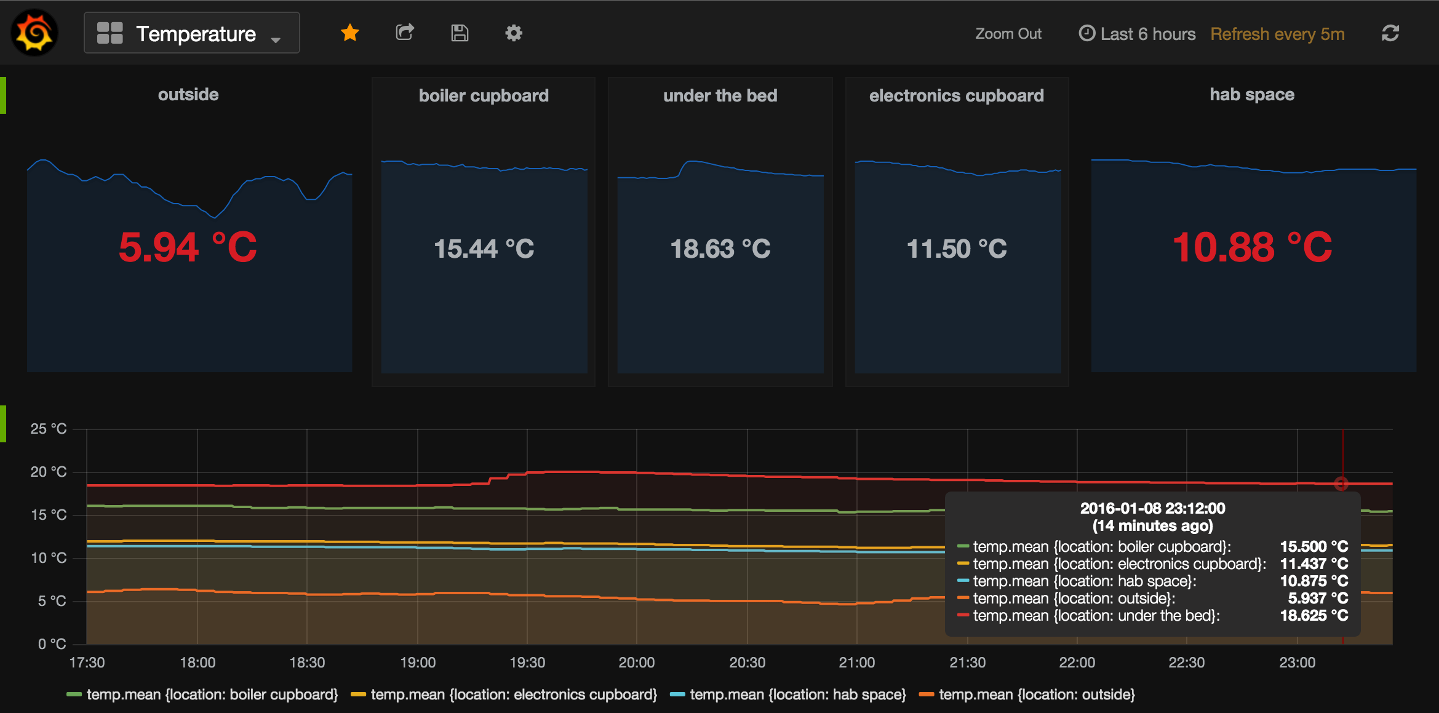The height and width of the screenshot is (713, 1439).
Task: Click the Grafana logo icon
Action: pos(34,33)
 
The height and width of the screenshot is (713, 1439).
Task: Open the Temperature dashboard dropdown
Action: pos(191,33)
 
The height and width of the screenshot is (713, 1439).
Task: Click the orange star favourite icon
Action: pos(350,33)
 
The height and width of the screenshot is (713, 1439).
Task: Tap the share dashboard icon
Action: pos(405,33)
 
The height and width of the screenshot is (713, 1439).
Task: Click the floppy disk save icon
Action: pos(460,33)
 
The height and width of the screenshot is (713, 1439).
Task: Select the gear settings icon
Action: pos(514,33)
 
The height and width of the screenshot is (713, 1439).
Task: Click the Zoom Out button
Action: pos(1008,34)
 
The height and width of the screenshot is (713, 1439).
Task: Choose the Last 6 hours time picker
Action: pos(1137,34)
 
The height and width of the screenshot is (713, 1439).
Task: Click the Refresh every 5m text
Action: pos(1277,34)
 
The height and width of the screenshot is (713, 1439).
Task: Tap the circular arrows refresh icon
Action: pos(1390,33)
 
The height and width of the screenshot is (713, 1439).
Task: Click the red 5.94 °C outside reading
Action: pos(188,247)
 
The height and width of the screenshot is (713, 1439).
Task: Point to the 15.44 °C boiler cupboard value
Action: pos(484,249)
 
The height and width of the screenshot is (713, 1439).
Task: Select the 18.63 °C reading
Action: pos(720,249)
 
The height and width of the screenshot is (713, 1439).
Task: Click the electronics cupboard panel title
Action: pos(957,96)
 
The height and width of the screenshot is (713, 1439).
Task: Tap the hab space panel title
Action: pos(1252,95)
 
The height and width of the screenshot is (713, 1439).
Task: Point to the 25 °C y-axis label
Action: pos(49,429)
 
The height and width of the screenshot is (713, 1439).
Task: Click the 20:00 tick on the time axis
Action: pos(637,663)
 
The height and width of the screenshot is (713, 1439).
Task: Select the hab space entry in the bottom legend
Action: pos(788,695)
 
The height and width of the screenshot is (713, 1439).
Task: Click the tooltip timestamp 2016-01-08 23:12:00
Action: pos(1153,508)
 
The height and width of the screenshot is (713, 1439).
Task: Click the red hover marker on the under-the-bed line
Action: pos(1341,484)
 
